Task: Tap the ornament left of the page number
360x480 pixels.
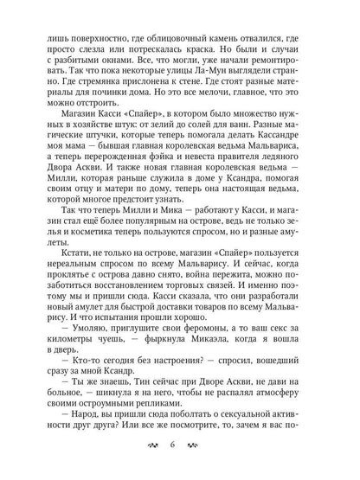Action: point(152,447)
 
